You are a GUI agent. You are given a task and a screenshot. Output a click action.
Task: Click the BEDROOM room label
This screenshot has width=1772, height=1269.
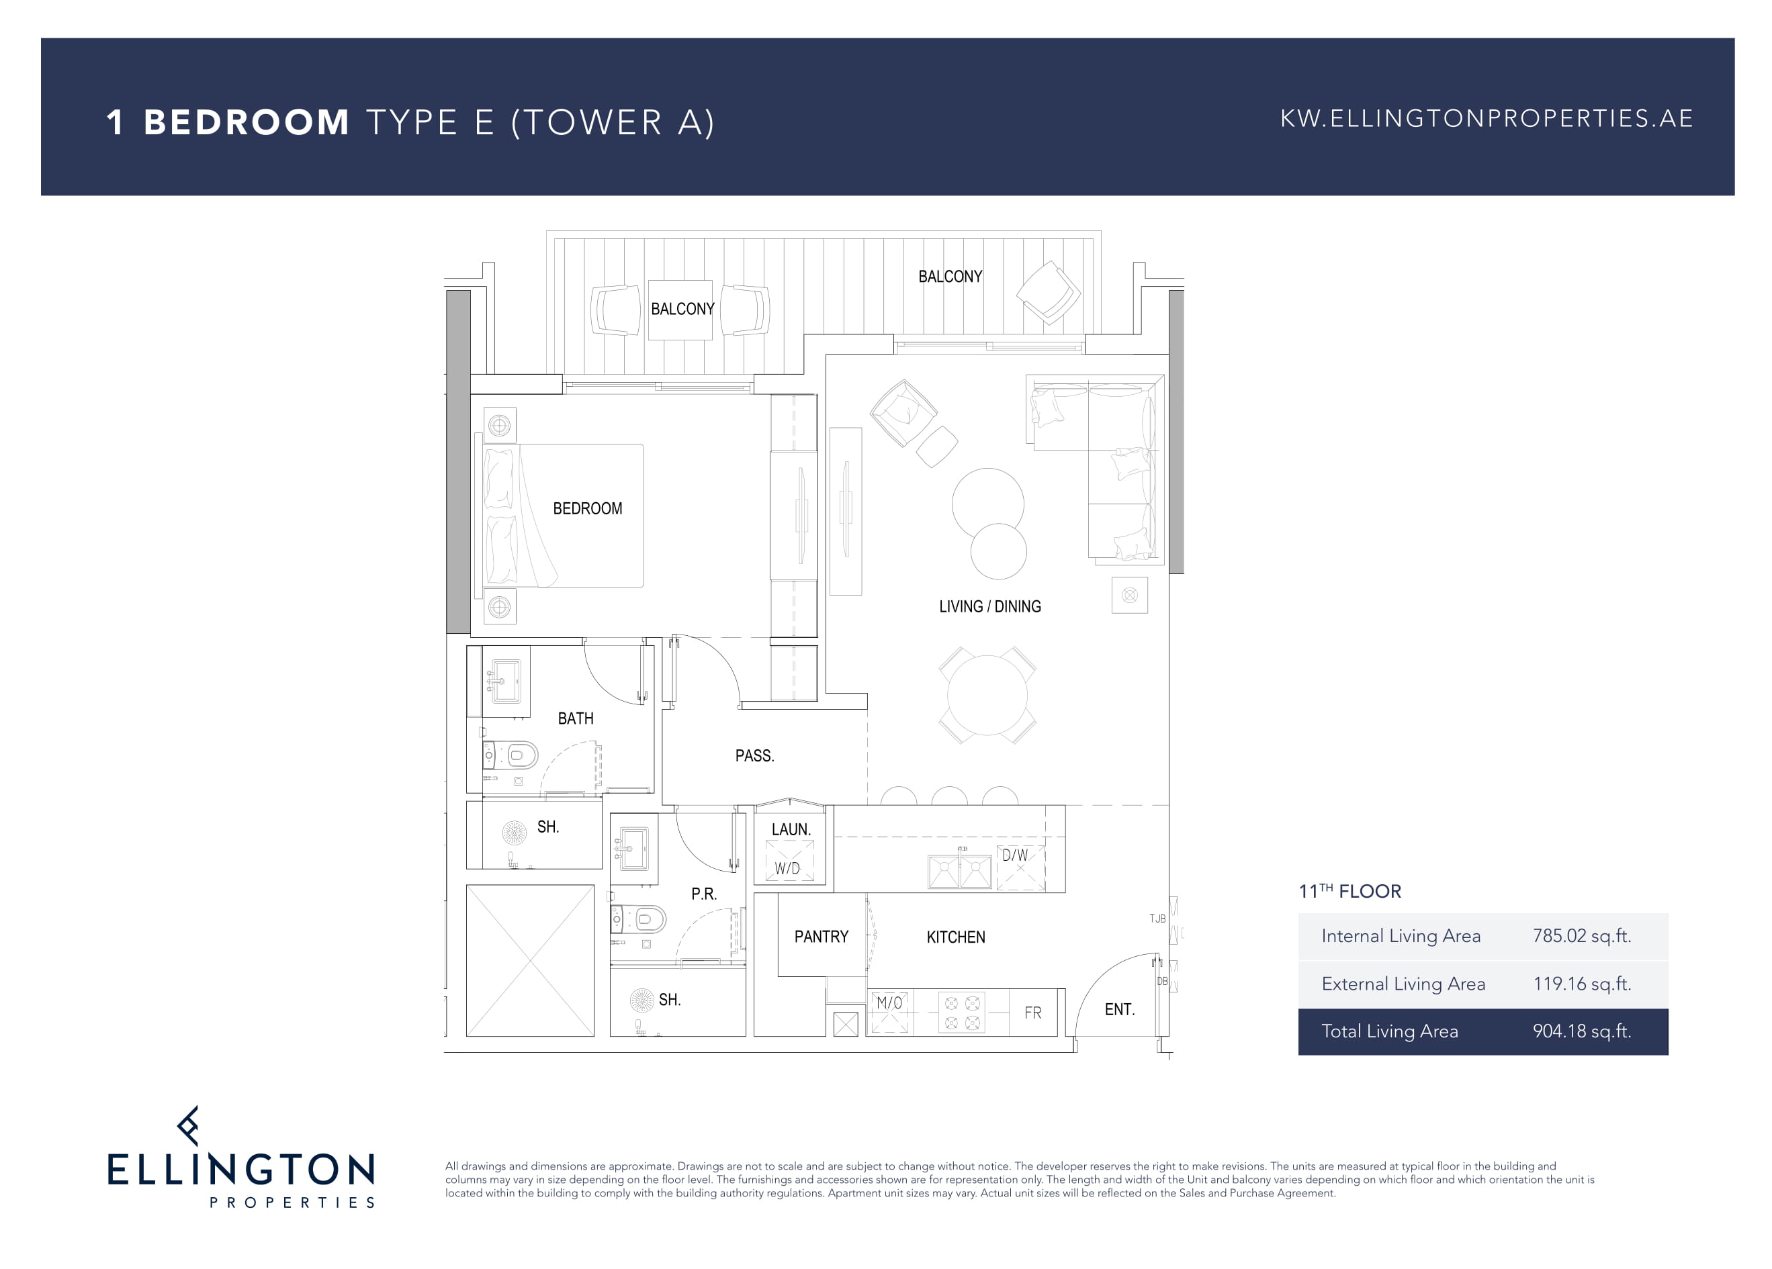click(588, 508)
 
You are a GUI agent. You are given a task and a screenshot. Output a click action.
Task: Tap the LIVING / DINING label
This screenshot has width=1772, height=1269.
click(990, 607)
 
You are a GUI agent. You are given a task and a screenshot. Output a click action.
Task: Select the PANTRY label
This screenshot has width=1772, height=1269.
click(821, 937)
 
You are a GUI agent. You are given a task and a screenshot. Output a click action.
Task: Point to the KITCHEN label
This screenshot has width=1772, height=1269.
click(956, 937)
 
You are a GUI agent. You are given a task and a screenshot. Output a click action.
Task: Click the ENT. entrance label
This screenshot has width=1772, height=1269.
click(1119, 1010)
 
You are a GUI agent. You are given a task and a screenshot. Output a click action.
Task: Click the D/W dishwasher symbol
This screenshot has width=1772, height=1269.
click(1020, 867)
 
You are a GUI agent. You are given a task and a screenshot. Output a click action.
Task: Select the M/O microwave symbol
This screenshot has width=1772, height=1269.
click(890, 1012)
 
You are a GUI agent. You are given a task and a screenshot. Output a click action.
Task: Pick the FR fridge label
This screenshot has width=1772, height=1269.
click(1033, 1013)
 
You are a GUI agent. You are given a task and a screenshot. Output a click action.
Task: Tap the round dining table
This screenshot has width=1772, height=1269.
click(987, 695)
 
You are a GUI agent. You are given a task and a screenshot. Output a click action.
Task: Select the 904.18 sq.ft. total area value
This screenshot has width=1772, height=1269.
click(1581, 1031)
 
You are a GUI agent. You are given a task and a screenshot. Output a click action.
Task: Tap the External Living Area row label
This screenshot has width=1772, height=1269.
click(1403, 984)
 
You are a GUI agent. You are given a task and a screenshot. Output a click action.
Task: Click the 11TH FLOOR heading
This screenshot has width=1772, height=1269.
click(1350, 891)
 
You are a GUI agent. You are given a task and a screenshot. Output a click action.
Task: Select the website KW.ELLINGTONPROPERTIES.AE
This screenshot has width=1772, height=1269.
click(1486, 119)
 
